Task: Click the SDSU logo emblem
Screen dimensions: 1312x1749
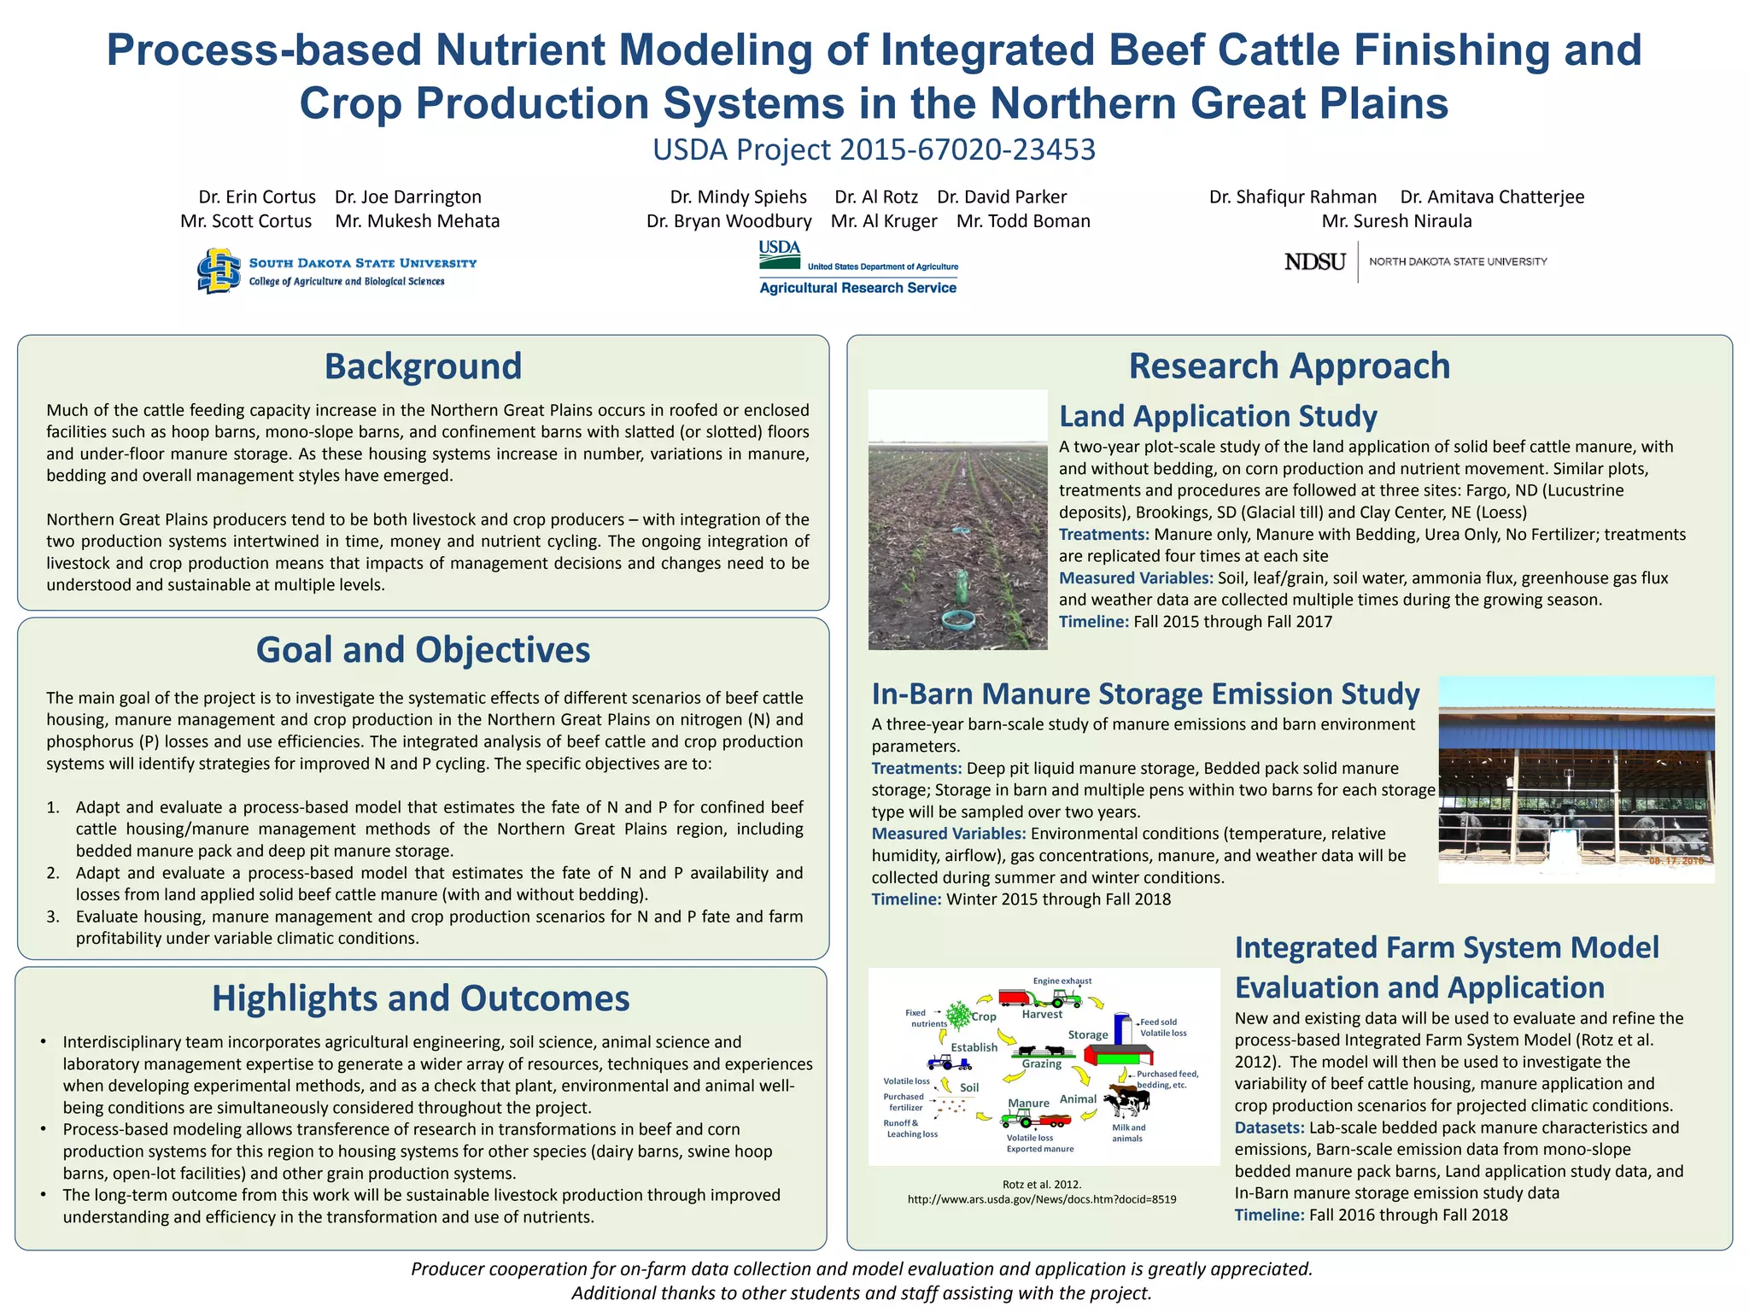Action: click(x=219, y=271)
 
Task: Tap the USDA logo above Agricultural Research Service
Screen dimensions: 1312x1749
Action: click(x=779, y=249)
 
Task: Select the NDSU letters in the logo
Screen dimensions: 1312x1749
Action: click(x=1314, y=261)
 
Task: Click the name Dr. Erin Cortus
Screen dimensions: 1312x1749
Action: click(x=257, y=197)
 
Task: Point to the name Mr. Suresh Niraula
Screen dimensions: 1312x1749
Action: click(x=1396, y=221)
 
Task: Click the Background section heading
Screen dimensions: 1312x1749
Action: click(x=423, y=366)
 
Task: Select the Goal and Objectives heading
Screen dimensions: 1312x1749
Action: click(x=423, y=650)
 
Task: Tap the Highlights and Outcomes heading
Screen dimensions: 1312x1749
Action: click(x=420, y=999)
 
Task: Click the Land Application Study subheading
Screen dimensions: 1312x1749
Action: click(x=1218, y=416)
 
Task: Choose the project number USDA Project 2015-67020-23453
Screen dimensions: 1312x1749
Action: click(x=874, y=149)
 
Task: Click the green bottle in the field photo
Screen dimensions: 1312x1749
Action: click(x=961, y=586)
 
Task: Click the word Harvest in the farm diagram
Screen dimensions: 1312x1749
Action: click(x=1042, y=1015)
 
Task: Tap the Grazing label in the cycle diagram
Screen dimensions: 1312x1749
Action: click(x=1042, y=1064)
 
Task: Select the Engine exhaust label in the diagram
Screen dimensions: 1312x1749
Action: click(x=1062, y=981)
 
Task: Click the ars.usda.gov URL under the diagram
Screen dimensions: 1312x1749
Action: click(x=1041, y=1199)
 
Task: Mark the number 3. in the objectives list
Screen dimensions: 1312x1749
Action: click(x=53, y=917)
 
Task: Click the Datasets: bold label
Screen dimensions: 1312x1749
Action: click(x=1269, y=1127)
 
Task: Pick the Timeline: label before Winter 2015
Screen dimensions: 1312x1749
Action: click(x=906, y=899)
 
